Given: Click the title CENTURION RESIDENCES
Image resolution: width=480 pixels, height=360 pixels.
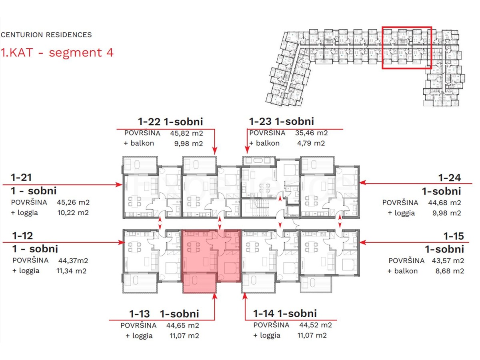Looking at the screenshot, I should (x=46, y=35).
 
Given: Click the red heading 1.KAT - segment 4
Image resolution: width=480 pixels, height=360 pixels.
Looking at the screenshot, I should (x=57, y=52).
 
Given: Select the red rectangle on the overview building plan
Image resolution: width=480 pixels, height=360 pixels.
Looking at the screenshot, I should (x=407, y=48).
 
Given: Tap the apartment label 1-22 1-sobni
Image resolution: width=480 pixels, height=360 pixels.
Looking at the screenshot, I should (x=170, y=122).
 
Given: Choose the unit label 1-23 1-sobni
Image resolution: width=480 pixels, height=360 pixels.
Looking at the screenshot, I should (x=281, y=121).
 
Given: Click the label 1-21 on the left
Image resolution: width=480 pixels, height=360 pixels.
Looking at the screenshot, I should (x=22, y=178).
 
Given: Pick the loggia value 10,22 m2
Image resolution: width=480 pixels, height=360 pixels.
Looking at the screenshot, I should (x=73, y=212).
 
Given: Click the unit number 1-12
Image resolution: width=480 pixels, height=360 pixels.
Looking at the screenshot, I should (x=22, y=236).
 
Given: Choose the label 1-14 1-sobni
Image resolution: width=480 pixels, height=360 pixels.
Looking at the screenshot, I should (x=285, y=314).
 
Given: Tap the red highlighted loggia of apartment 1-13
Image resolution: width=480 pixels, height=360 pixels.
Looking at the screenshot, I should (x=199, y=282).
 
